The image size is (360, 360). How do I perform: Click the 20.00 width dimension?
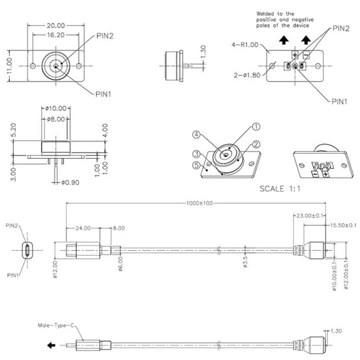[x=56, y=26]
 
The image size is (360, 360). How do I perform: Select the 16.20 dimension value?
[x=56, y=35]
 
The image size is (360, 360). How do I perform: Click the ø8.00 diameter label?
[x=56, y=118]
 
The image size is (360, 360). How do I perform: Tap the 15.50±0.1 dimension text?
[x=343, y=225]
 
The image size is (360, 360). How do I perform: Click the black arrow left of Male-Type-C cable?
[x=52, y=345]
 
